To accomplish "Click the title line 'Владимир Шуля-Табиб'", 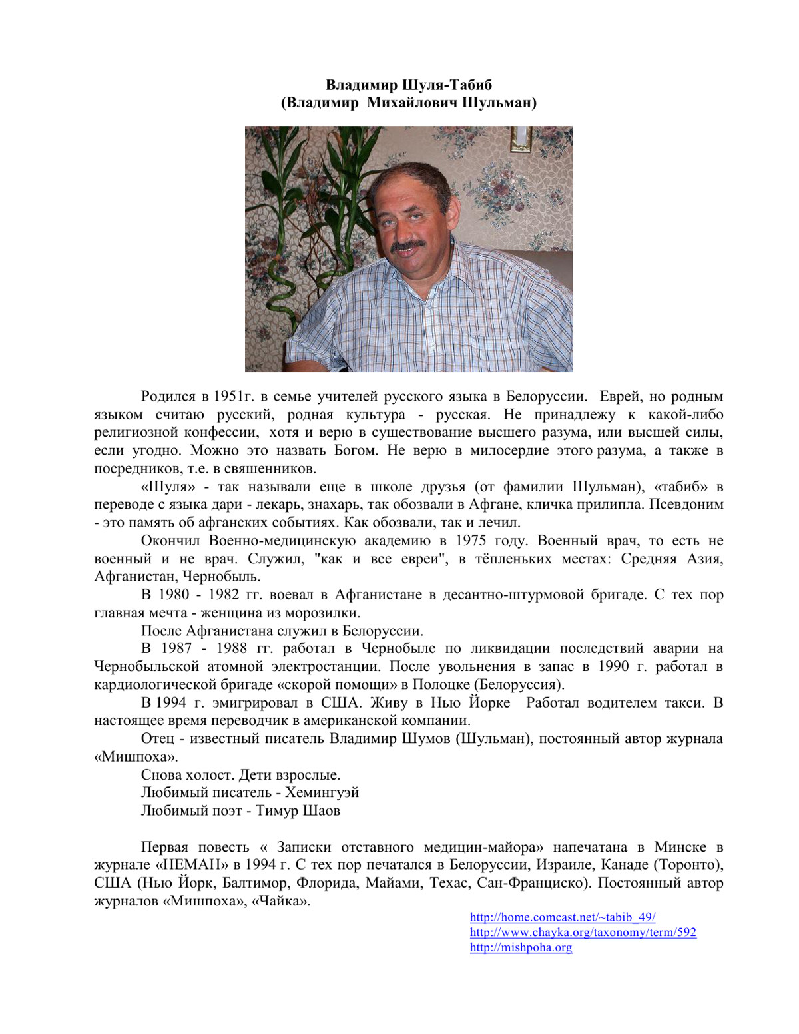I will [408, 85].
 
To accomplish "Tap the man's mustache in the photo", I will [408, 244].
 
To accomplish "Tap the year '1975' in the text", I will [471, 541].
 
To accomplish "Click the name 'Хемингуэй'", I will [322, 793].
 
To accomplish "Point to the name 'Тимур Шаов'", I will [298, 811].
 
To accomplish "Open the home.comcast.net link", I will [563, 917].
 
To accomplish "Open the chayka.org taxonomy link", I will [583, 933].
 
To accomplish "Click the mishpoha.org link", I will [521, 947].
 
